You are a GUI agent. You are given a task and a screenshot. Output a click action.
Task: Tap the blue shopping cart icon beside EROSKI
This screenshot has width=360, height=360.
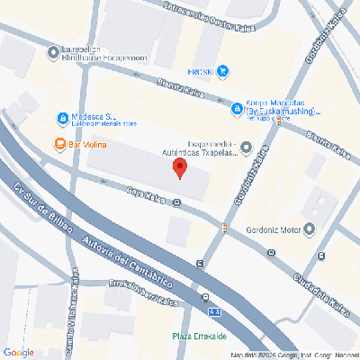coord(222,71)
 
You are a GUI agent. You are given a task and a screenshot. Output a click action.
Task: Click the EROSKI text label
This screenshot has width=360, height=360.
coord(200,71)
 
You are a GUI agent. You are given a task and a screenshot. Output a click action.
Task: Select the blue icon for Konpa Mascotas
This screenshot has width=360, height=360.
coord(237,110)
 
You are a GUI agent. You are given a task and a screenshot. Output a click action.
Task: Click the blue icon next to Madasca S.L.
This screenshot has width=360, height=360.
coord(61,118)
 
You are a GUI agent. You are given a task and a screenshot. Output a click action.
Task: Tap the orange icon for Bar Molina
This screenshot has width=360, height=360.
coord(59,143)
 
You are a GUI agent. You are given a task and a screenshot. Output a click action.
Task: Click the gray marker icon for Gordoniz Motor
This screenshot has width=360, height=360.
coord(310,229)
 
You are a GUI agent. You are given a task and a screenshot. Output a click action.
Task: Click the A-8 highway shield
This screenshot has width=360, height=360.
coord(213,311)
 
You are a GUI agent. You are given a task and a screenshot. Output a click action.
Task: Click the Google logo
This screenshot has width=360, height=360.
coord(18,351)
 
